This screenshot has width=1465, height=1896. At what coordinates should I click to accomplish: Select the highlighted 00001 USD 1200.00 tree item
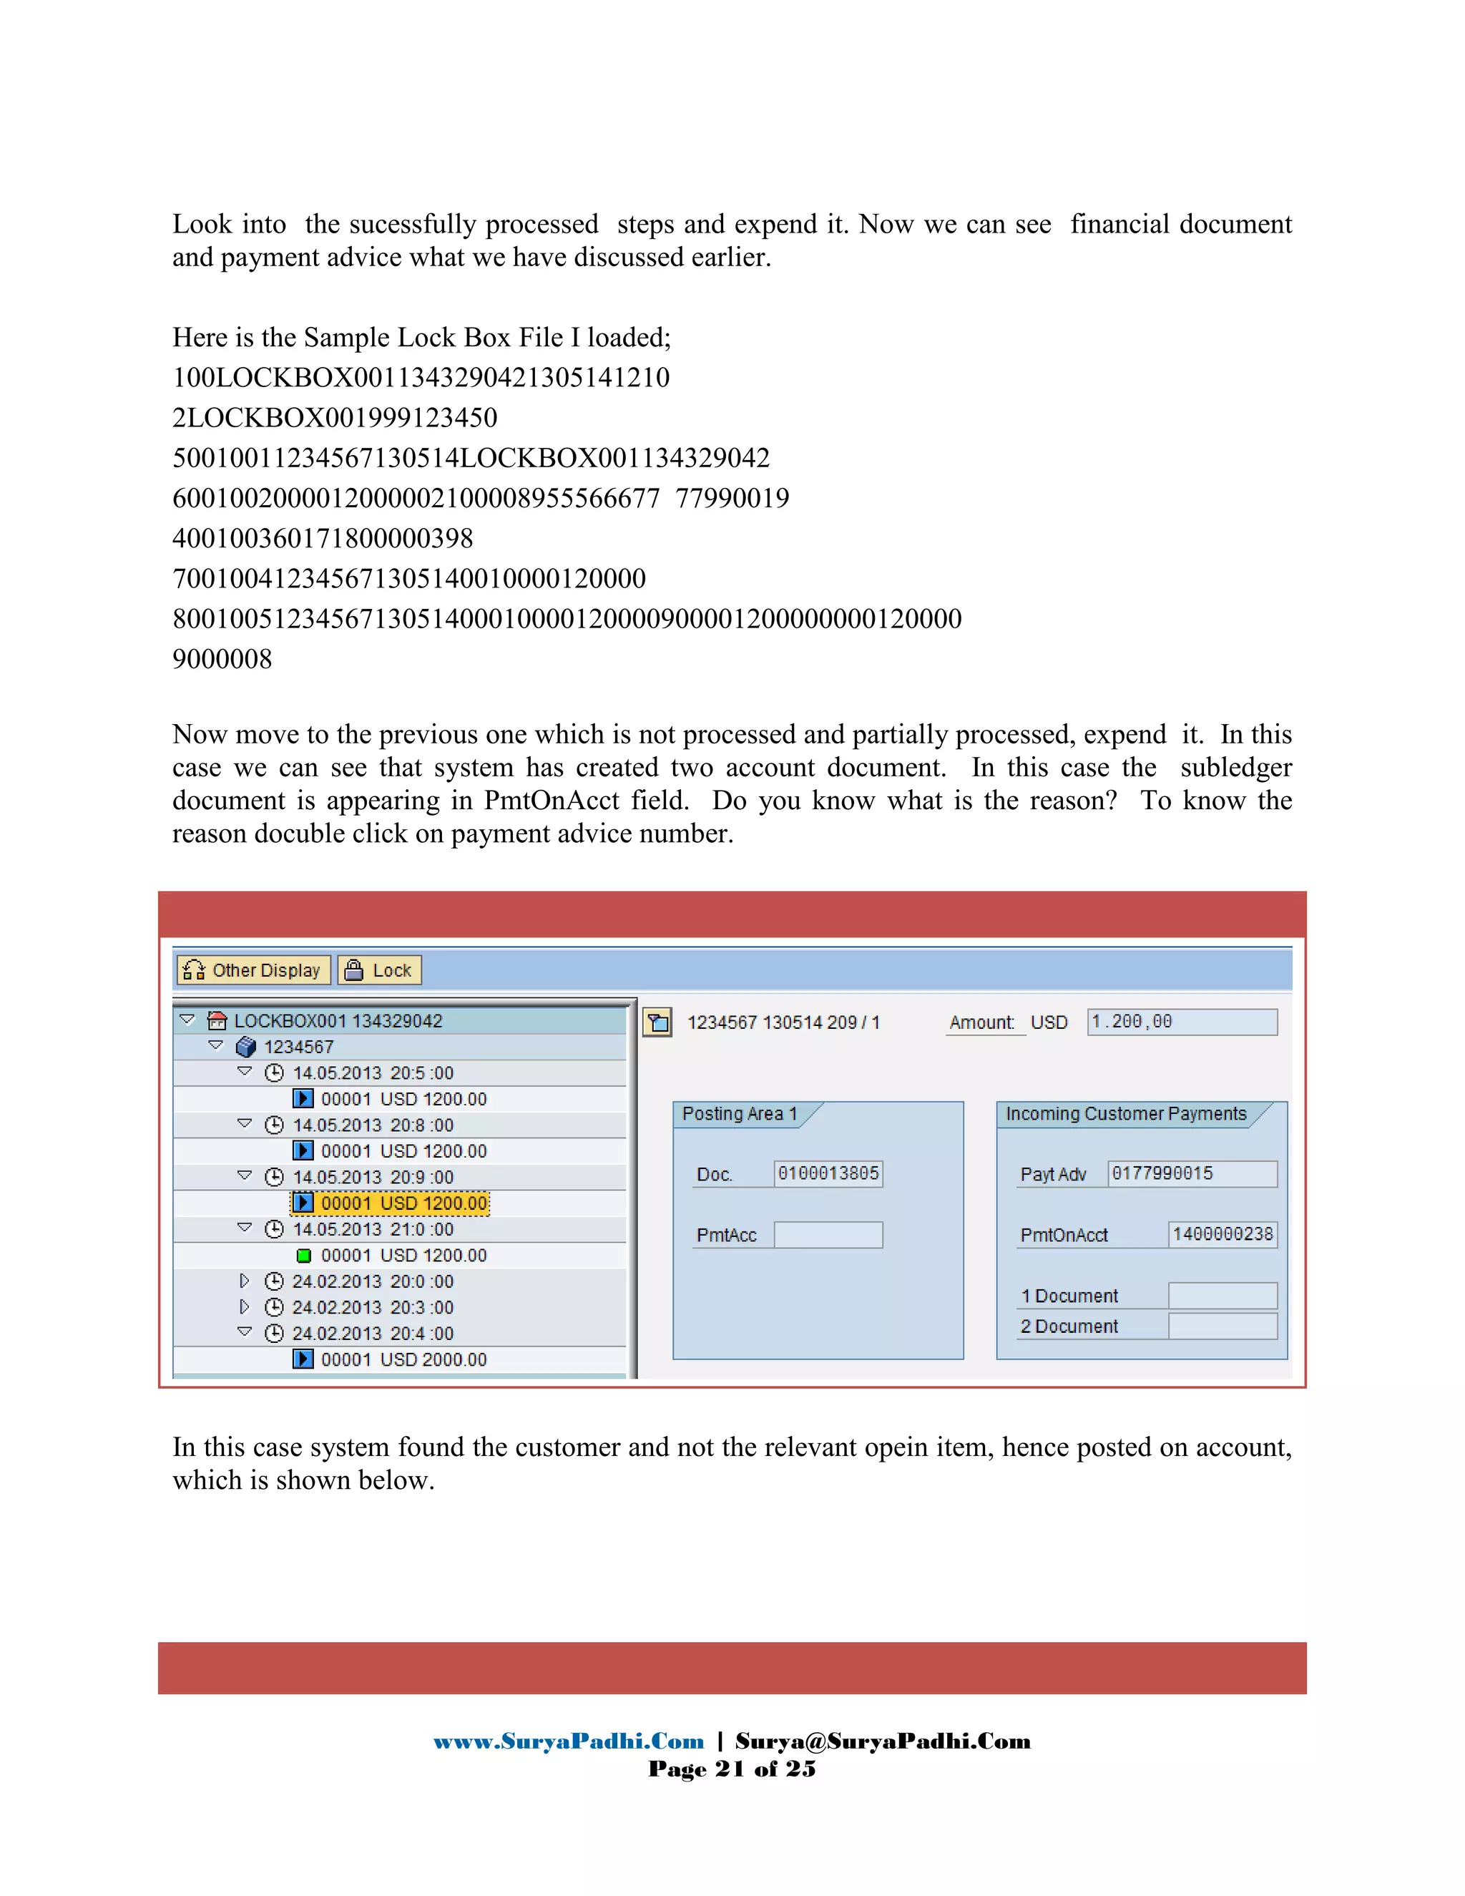click(403, 1203)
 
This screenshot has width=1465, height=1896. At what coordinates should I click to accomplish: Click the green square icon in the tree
click(304, 1256)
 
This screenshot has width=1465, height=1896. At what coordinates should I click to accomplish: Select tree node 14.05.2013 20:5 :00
click(372, 1073)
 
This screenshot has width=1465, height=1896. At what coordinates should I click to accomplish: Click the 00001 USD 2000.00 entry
click(403, 1359)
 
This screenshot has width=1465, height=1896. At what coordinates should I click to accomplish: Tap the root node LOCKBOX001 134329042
click(338, 1021)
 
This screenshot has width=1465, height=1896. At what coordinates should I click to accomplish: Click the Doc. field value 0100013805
click(828, 1173)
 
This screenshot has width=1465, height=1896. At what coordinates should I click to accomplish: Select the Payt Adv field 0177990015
click(1192, 1173)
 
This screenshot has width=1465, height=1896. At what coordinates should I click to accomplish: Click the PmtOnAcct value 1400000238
click(1222, 1234)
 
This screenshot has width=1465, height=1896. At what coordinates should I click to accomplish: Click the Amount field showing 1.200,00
click(1181, 1022)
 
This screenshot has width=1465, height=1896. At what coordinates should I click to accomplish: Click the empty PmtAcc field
click(828, 1234)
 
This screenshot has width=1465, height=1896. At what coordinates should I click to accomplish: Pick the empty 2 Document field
click(1222, 1326)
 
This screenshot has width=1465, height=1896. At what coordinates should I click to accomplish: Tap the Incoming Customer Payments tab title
click(1126, 1114)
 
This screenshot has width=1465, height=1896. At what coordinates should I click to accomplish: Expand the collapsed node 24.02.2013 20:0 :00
click(245, 1281)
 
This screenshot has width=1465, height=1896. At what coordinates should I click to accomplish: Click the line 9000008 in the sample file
click(222, 659)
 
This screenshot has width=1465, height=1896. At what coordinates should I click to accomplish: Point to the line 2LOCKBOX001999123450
click(335, 418)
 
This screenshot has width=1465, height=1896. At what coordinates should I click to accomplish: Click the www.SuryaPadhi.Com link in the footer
click(569, 1741)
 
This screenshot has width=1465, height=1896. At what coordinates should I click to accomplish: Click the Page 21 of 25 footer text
click(732, 1769)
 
